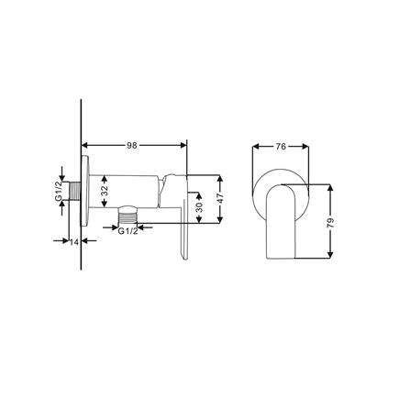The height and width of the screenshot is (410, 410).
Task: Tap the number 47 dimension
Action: click(x=223, y=196)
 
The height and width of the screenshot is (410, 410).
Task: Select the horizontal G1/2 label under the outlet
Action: click(x=128, y=230)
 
